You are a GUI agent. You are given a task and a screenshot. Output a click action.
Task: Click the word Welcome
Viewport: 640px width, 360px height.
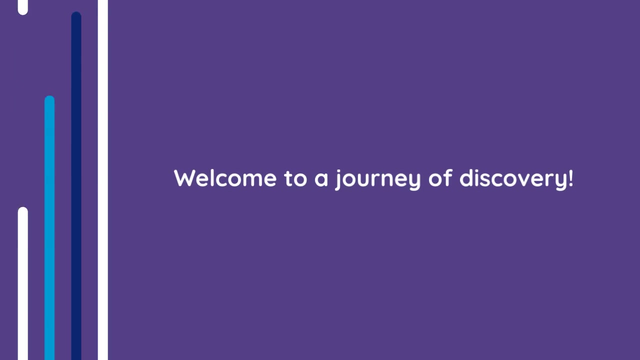coord(225,178)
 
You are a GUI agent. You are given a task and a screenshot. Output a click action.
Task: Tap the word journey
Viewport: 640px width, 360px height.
coord(377,179)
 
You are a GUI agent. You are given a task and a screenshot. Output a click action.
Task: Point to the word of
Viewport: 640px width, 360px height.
coord(440,177)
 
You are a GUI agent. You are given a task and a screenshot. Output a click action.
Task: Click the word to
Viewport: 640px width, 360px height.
coord(295,178)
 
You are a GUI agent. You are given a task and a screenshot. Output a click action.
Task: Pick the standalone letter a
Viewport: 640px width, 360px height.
coord(321,179)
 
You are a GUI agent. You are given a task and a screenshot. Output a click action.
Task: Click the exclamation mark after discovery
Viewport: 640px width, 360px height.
coord(570,178)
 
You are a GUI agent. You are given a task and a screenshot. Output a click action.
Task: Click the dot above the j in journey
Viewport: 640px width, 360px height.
coord(339,171)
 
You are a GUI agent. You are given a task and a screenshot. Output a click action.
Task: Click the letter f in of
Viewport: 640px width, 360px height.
coord(448,177)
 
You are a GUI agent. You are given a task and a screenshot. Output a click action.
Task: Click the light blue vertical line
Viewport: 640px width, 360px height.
coord(49,227)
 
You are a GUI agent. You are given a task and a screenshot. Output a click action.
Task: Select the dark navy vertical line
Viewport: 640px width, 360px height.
coord(76,185)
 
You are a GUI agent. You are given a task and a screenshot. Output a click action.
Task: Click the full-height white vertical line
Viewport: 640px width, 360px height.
coord(103,180)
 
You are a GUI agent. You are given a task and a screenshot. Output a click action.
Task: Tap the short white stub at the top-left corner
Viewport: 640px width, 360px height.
coord(23,7)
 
